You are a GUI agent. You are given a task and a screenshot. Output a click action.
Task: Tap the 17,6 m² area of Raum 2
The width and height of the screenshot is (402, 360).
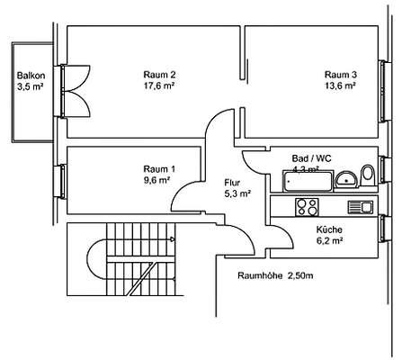(159, 87)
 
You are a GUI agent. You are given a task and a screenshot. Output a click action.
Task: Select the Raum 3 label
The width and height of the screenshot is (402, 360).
(340, 74)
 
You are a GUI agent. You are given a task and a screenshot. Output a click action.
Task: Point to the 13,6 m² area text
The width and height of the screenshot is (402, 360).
(340, 87)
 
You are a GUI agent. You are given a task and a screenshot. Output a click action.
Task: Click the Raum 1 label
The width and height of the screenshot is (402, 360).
(159, 168)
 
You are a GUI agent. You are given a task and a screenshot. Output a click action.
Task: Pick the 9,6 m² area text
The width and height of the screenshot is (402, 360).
(159, 180)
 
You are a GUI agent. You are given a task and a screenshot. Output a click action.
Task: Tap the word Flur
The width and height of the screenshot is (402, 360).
(233, 181)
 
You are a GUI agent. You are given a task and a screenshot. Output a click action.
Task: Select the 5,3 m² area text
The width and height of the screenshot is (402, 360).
(237, 193)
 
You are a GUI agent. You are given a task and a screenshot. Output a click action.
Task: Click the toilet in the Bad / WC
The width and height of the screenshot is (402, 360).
(367, 175)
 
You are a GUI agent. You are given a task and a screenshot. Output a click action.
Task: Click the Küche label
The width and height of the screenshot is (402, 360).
(328, 229)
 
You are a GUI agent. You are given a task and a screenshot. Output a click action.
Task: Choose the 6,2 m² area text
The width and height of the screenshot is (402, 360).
(328, 242)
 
